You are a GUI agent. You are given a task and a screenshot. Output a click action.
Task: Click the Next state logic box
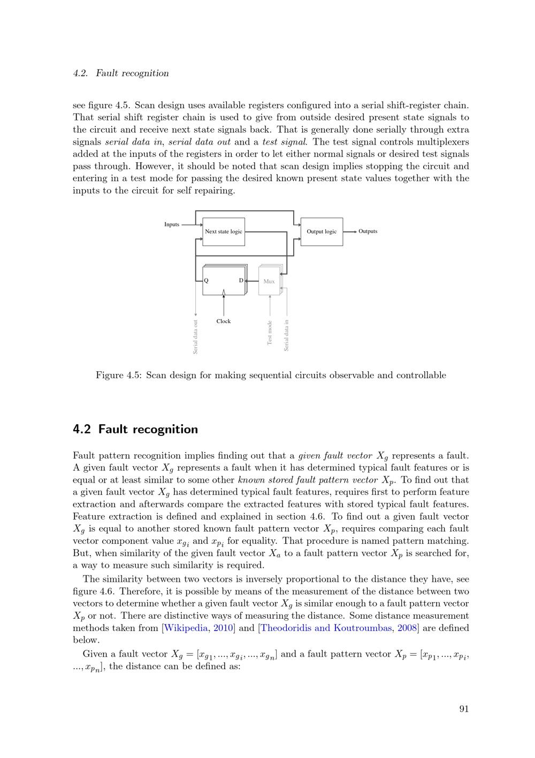point(223,231)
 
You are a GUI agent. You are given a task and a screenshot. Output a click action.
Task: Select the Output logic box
point(322,231)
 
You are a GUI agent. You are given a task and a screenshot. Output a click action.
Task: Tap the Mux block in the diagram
point(269,281)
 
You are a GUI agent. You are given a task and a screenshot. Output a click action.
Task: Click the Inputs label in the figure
point(172,224)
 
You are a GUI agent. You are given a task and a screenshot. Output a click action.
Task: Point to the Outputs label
point(368,231)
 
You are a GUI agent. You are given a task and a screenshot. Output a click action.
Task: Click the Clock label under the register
point(224,321)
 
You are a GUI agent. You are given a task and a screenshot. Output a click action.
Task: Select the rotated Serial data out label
point(196,336)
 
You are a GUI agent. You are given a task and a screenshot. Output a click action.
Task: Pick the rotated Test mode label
point(270,333)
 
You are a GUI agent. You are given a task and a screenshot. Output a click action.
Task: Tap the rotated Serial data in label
point(287,335)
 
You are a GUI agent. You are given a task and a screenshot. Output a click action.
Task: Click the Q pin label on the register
point(207,280)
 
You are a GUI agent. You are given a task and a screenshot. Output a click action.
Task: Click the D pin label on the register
point(241,280)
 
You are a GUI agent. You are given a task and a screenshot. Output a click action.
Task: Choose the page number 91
point(464,709)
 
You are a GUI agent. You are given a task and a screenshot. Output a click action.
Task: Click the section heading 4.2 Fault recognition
point(135,429)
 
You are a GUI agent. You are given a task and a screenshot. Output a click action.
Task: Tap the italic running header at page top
point(121,73)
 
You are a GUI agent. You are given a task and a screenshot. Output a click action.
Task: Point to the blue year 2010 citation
point(223,628)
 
